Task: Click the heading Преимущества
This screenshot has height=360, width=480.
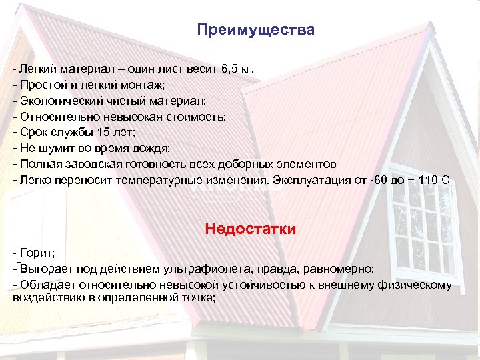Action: pos(255,31)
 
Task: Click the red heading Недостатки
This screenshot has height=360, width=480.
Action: pos(251,229)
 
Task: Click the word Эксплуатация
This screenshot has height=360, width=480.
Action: pos(308,180)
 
